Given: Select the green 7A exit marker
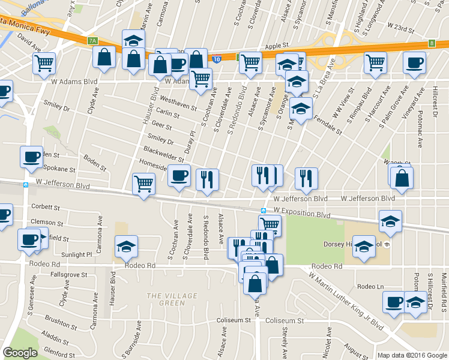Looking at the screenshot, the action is point(92,41).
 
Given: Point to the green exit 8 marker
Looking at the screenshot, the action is point(432,43).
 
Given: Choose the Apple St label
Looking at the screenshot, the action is point(277,46).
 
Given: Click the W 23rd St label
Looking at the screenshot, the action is point(401,27).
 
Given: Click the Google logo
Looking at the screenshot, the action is point(20,353).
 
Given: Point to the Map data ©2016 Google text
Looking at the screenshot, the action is point(412,355).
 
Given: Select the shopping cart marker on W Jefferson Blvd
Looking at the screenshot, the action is point(143,184).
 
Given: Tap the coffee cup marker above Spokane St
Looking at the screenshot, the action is point(31,157).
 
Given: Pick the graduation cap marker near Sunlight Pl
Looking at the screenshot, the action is point(126,246).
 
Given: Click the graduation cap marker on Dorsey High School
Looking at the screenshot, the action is point(364,246).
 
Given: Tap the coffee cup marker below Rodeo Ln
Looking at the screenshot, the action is point(394,302).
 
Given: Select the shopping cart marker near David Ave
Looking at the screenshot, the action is point(44,62).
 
